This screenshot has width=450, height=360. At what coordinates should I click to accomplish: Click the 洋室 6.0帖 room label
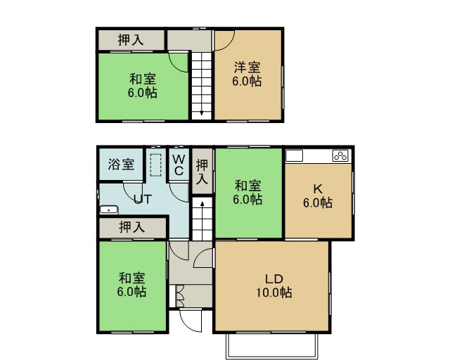point(247,75)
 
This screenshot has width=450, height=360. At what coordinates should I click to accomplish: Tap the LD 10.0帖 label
point(274,286)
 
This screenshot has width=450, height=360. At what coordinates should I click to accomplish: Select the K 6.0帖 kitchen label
point(318,196)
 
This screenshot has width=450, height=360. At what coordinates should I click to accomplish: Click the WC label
point(179,165)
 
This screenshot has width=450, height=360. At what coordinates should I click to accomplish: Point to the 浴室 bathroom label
point(121,165)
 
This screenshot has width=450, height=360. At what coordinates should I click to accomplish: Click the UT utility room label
point(143,199)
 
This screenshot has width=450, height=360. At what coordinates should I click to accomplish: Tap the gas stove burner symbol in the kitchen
point(340,156)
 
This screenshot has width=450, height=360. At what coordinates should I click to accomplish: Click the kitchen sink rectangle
point(294,156)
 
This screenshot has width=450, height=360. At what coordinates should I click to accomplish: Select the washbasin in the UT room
point(109,210)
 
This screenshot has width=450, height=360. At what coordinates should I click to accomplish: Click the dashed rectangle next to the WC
point(155,165)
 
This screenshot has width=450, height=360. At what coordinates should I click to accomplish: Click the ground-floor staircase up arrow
point(202,205)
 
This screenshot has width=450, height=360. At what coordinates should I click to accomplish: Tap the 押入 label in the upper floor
point(131,40)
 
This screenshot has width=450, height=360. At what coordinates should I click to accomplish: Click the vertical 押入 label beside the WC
point(202,172)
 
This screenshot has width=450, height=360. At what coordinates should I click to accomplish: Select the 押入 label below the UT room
point(131,227)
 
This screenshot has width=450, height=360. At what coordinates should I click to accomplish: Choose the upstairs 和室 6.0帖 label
point(143,86)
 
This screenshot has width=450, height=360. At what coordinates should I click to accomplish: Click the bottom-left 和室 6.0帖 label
point(131,285)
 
